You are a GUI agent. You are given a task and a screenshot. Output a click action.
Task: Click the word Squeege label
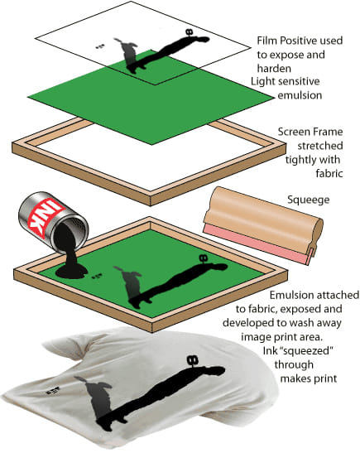[x=309, y=200]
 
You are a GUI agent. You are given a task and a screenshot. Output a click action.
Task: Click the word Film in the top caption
[x=266, y=41]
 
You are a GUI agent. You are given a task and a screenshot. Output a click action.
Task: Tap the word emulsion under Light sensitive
[x=300, y=95]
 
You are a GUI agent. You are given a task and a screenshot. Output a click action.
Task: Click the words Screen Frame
[x=310, y=132]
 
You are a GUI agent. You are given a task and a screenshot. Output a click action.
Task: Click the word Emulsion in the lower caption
[x=290, y=295]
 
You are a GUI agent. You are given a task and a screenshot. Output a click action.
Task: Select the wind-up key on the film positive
[x=190, y=32]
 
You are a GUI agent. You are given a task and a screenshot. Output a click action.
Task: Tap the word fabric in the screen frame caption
[x=329, y=174]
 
